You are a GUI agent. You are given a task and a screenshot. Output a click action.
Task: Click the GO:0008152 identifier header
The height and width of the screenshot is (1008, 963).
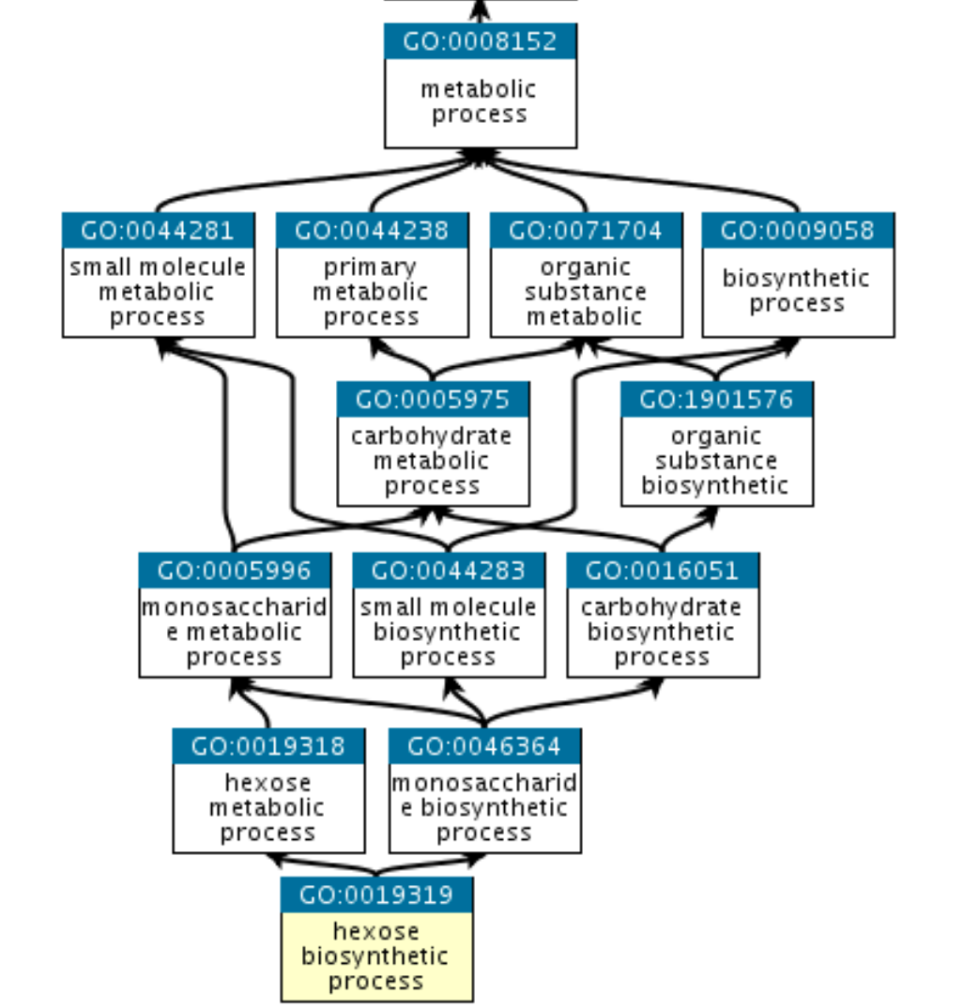click(480, 41)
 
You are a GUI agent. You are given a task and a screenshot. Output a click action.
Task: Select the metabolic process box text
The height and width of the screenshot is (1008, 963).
click(480, 102)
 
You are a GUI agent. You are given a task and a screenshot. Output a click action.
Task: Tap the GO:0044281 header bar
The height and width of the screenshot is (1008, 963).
click(158, 230)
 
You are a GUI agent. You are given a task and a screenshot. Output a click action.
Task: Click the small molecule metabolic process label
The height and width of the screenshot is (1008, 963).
click(158, 292)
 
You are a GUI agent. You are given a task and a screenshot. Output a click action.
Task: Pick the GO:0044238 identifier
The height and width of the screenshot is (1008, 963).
click(372, 230)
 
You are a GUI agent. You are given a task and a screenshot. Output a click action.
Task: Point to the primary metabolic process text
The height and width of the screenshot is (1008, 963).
click(372, 292)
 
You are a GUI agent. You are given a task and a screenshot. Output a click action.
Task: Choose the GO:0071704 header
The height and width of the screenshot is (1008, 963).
click(586, 230)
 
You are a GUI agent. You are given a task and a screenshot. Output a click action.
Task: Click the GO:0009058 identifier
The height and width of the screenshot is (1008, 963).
click(798, 230)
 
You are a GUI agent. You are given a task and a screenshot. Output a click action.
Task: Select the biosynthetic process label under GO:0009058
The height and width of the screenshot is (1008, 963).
click(798, 291)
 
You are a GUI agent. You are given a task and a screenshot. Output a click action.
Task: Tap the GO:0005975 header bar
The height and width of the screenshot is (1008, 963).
click(433, 399)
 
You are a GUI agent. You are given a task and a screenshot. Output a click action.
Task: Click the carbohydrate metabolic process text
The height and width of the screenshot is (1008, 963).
click(433, 461)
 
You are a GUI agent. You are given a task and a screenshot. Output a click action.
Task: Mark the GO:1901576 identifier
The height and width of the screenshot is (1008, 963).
click(717, 399)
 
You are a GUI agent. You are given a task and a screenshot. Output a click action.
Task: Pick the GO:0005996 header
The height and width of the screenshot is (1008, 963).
click(235, 571)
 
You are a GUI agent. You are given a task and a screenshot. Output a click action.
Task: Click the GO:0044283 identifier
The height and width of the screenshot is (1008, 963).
click(449, 571)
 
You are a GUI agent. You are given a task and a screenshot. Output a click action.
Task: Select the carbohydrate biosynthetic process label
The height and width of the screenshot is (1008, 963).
click(663, 632)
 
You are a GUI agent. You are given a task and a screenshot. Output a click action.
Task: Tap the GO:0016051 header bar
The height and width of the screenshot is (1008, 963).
click(663, 571)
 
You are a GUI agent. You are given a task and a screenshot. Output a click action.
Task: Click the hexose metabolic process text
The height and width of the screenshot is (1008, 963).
click(268, 808)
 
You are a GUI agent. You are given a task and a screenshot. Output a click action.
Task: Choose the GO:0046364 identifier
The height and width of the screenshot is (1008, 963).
click(485, 747)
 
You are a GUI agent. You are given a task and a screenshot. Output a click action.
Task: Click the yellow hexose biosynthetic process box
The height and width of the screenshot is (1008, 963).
click(376, 956)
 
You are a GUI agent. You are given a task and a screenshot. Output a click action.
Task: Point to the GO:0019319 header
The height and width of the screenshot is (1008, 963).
click(376, 894)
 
